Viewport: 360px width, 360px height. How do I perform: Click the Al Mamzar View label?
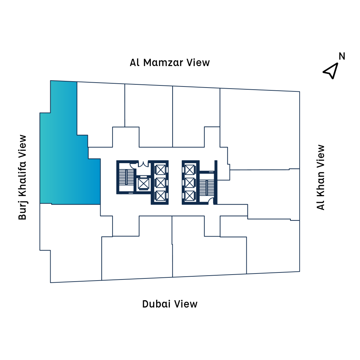tap(169, 63)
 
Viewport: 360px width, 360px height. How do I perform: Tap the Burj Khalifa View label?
tap(22, 177)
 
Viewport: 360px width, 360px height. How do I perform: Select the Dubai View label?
tap(170, 304)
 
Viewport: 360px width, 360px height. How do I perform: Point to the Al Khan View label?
tap(321, 177)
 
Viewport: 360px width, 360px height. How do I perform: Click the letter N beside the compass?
tap(342, 56)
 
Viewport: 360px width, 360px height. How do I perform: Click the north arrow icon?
tap(331, 71)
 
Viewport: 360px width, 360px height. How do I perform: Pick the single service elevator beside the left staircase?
tap(143, 183)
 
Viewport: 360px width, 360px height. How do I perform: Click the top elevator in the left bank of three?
tap(160, 169)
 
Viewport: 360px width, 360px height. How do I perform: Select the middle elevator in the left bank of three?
tap(160, 182)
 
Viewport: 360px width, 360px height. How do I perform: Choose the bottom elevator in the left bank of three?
tap(160, 195)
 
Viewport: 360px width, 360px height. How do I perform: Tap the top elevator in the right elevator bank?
tap(190, 169)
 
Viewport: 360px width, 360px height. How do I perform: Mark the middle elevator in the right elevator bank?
tap(190, 182)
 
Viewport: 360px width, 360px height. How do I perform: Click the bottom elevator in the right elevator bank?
tap(190, 195)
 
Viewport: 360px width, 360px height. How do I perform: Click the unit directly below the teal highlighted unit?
tap(70, 239)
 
